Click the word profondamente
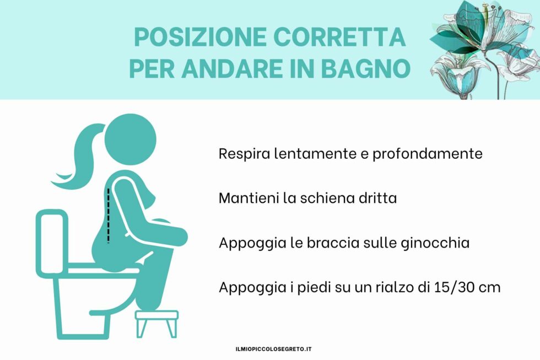pos(428,153)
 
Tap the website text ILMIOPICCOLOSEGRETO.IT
pos(274,349)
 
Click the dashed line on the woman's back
pos(109,215)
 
